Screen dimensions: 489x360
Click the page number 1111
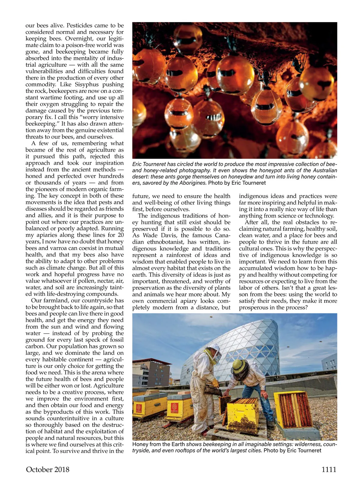coord(329,470)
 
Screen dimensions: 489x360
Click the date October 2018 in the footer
coord(48,470)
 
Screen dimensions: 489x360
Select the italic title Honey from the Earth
coord(158,444)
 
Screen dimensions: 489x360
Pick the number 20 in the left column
coord(120,235)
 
